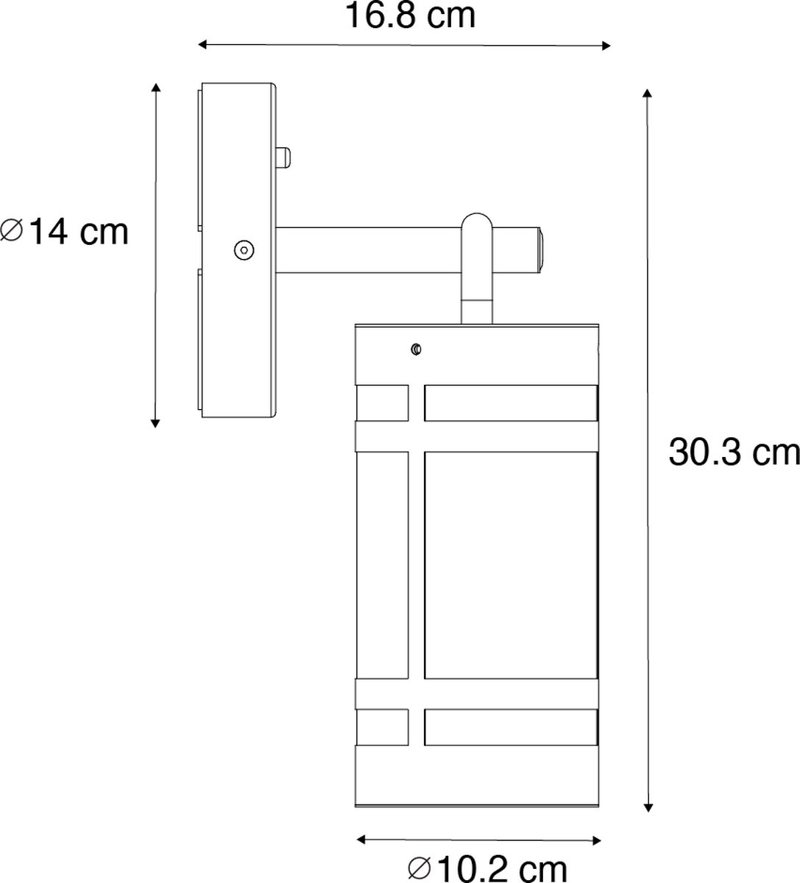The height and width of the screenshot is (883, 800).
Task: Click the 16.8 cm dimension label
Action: point(411,16)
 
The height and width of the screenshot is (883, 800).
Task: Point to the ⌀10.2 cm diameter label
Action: point(487,868)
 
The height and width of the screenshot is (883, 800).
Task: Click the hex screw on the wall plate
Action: point(244,250)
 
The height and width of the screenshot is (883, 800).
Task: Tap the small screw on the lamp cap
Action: point(416,349)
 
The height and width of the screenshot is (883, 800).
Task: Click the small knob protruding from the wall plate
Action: point(283,157)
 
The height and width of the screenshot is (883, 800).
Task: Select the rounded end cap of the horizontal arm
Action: point(540,250)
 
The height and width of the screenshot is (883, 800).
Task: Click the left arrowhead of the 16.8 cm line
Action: point(202,44)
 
